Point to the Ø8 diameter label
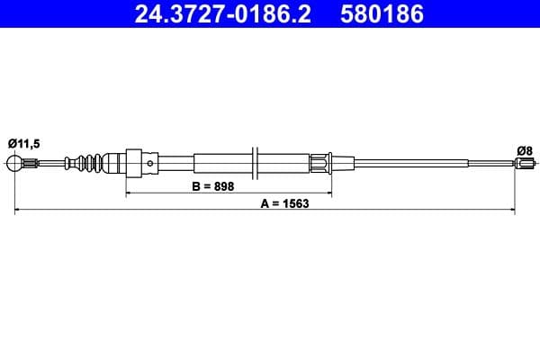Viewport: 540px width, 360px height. [524, 150]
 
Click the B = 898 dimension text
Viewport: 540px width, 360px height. [220, 186]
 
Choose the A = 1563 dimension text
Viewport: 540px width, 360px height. [283, 203]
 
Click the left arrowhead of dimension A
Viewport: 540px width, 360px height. [18, 210]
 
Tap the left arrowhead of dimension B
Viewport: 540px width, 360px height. [128, 193]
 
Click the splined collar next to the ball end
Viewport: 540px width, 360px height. [30, 163]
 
